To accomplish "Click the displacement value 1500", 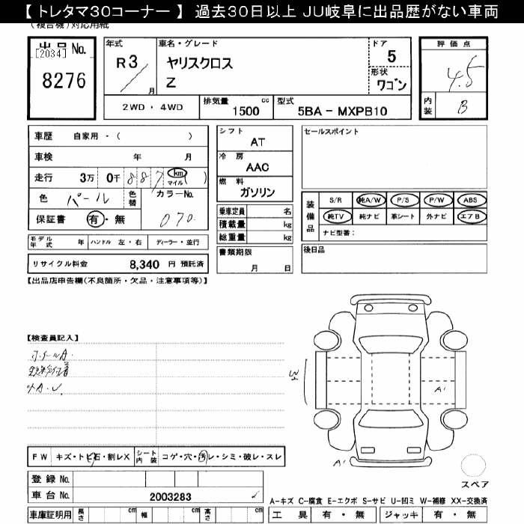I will tap(246, 111).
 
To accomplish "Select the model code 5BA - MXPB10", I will tap(343, 111).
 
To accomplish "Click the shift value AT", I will tap(257, 141).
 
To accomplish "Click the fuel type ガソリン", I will tap(256, 192).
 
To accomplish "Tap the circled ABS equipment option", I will tap(469, 200).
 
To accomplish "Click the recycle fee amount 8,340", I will tap(144, 264).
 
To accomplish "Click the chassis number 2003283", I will tap(171, 496).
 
